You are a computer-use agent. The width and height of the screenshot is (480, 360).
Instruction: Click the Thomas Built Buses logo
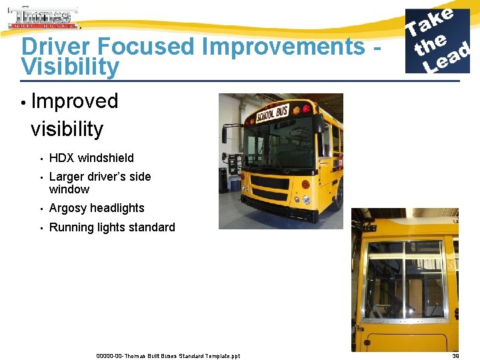(x=43, y=19)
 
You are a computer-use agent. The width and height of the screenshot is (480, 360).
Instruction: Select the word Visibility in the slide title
(x=70, y=67)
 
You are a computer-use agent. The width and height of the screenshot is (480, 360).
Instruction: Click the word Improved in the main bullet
(x=75, y=101)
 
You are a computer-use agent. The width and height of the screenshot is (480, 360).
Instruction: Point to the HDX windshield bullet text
(x=91, y=158)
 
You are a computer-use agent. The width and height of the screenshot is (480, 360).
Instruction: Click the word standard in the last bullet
(x=151, y=227)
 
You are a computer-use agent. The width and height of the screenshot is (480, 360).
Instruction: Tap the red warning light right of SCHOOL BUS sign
(x=305, y=107)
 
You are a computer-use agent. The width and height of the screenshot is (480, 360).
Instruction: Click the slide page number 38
(x=455, y=356)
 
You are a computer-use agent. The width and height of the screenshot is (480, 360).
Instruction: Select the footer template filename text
(x=168, y=356)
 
